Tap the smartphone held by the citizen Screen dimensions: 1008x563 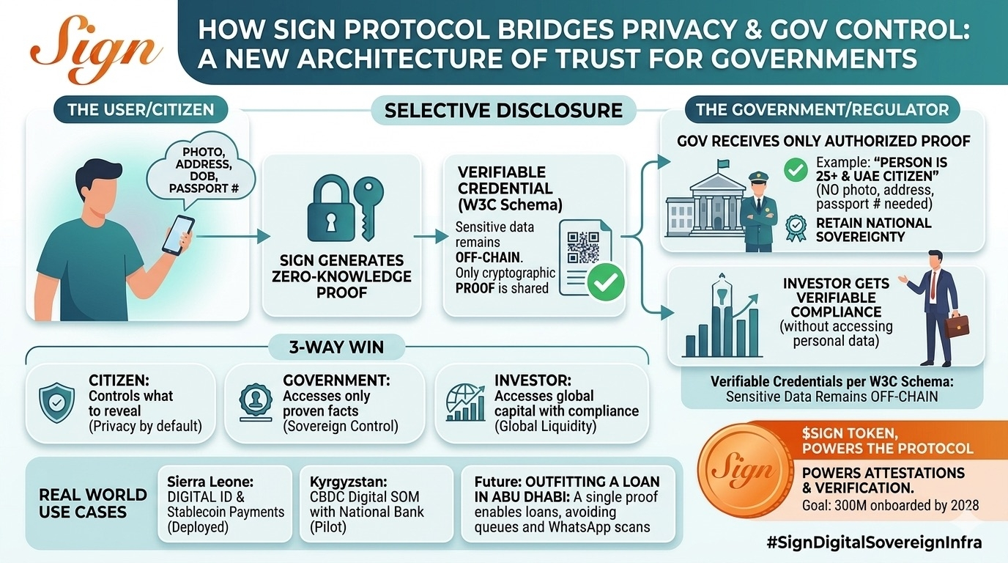tap(177, 235)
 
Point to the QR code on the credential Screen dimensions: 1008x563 tap(583, 248)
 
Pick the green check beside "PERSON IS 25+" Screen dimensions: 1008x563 tap(796, 170)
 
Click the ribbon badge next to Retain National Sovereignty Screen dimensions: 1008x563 tap(796, 229)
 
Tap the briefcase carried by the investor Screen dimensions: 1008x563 tap(957, 324)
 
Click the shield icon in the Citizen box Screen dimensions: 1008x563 tap(56, 402)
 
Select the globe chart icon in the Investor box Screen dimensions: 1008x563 tap(464, 402)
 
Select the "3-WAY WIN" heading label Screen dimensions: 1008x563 tap(337, 347)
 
